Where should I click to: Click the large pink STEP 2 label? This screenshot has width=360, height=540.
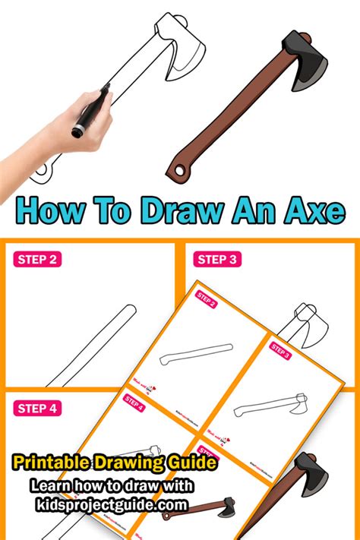point(36,260)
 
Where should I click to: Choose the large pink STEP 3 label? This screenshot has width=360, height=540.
point(219,260)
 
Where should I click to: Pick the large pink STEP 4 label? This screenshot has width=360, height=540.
point(36,409)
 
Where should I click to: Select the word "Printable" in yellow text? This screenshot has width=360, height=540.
point(51,463)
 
